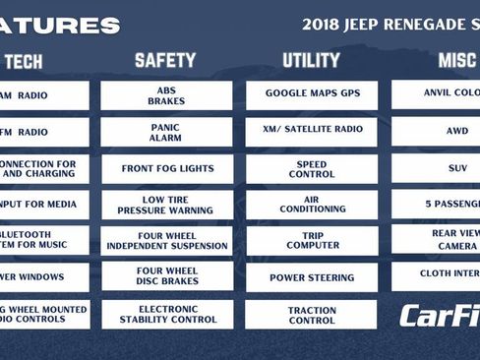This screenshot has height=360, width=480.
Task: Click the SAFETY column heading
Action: coord(165,61)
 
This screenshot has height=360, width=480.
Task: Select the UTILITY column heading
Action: coord(311,61)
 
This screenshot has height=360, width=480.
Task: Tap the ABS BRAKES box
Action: coord(166,95)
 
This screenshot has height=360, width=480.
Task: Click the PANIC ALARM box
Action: coord(166,132)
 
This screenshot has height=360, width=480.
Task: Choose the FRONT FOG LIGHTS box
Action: coord(166,168)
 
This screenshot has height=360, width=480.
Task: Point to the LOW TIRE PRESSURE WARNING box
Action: coord(166,205)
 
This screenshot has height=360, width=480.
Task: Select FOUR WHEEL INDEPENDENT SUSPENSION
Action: coord(166,241)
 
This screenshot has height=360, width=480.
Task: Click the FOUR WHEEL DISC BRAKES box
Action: coord(166,277)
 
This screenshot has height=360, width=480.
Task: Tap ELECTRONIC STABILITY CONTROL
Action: coord(166,314)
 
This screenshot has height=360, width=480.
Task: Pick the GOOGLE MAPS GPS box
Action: coord(312,95)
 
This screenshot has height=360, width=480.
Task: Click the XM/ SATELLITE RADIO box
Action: coord(312,132)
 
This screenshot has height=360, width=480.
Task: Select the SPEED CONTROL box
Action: coord(312,168)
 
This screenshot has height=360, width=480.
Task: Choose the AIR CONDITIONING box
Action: coord(312,205)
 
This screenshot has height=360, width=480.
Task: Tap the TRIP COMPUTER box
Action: coord(312,241)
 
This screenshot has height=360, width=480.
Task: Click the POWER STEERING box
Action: coord(312,277)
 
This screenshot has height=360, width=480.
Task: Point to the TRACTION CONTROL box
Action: coord(312,314)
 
